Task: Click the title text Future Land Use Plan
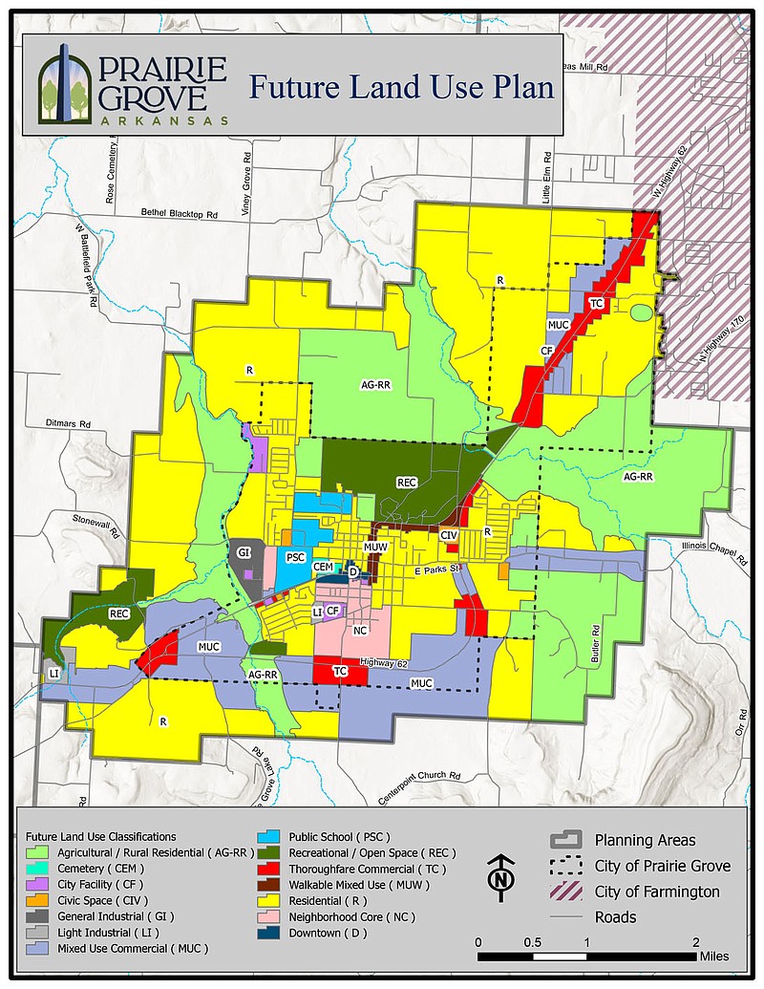tap(400, 88)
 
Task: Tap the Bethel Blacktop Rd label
tap(180, 214)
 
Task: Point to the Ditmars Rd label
tap(69, 422)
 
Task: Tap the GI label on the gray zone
tap(244, 552)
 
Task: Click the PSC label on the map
tap(295, 557)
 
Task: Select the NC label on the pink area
tap(360, 631)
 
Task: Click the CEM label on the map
tap(323, 567)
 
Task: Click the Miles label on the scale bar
tap(712, 955)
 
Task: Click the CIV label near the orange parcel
tap(449, 535)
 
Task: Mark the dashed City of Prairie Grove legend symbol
tap(566, 866)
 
